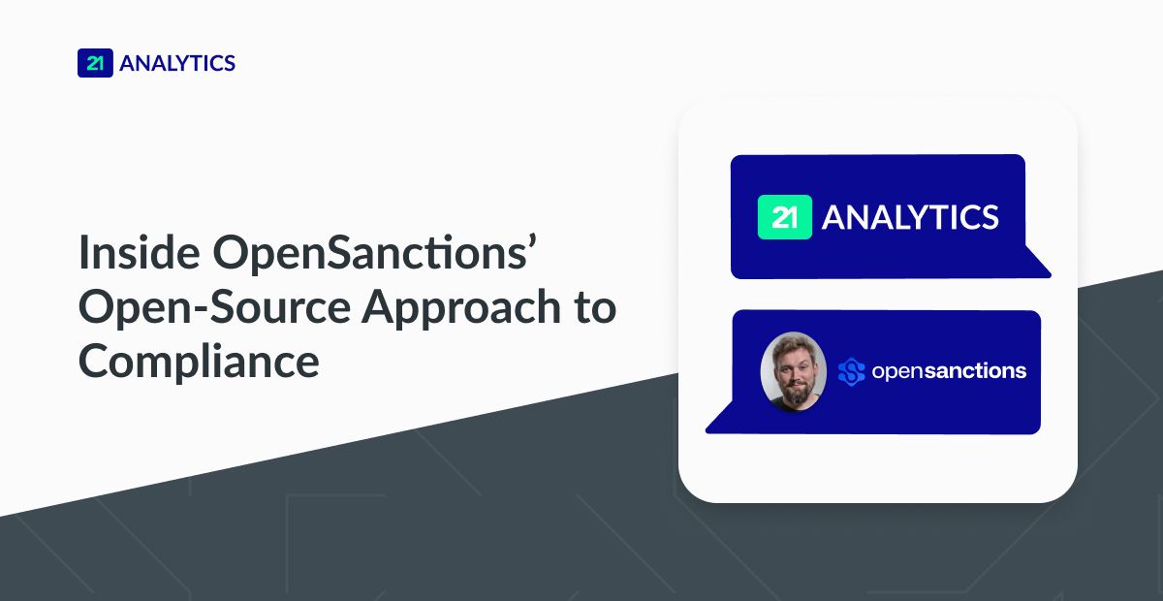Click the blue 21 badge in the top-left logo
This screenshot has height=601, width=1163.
click(95, 63)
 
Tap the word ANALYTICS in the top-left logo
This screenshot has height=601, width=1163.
click(177, 64)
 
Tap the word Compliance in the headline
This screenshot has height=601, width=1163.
click(199, 361)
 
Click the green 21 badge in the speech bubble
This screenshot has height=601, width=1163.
click(784, 217)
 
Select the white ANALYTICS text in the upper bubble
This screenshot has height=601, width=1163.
click(910, 217)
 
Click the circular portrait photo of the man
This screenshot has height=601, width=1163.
click(794, 371)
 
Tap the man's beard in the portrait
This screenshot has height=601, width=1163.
click(794, 393)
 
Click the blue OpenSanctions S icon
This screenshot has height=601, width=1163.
click(851, 372)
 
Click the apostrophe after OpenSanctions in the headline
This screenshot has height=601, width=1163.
click(530, 240)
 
